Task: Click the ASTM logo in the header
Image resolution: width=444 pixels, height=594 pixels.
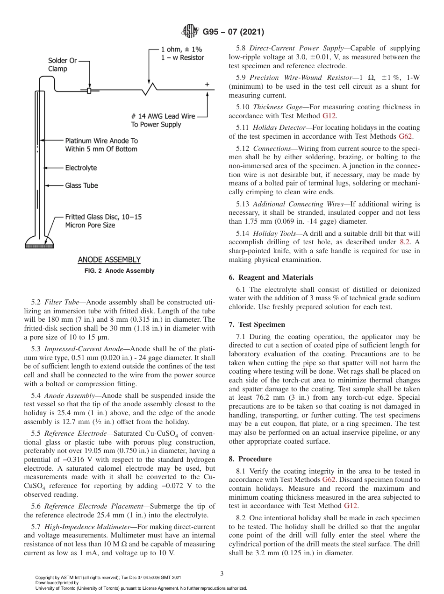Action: pos(190,32)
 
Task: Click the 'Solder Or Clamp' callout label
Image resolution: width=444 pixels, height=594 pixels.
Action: pos(62,65)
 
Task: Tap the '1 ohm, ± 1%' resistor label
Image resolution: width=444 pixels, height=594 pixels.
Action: pos(181,49)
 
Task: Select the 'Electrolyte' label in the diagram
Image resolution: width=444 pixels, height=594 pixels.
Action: pos(81,168)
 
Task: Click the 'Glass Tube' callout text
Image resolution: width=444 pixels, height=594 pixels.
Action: pos(81,185)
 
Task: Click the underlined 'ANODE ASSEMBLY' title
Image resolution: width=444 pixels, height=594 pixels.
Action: pos(109,260)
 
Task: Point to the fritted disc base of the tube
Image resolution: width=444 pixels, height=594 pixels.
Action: pos(40,242)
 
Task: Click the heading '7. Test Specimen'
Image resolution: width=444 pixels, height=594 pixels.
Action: pos(263,325)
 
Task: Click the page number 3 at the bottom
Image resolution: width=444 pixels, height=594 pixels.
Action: pos(222,573)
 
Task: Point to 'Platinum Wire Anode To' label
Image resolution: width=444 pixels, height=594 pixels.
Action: pos(101,141)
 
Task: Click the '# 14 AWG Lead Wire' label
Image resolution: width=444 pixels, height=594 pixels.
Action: pos(163,116)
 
